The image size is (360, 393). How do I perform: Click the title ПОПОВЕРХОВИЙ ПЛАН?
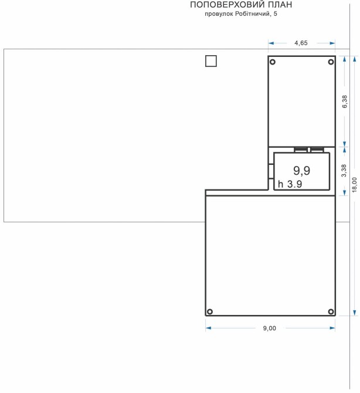pos(241,5)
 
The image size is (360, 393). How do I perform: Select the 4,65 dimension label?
pos(301,43)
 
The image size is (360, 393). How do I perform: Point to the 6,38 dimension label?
pos(345,101)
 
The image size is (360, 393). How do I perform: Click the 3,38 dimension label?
pos(344,171)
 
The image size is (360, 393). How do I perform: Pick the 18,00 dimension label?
pos(355,185)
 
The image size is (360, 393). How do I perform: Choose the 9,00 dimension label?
pos(270,328)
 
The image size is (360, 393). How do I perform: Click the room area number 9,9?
pos(301,171)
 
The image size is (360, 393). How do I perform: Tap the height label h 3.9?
pos(290,184)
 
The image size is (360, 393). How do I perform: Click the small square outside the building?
pos(211,61)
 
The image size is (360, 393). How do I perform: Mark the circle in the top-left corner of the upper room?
pos(273,62)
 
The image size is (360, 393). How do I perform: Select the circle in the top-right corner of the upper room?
pos(331,62)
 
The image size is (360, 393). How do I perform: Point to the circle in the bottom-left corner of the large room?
pos(210,311)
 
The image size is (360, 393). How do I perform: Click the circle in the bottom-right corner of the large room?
pos(331,311)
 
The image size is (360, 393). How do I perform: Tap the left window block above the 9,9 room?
pos(301,150)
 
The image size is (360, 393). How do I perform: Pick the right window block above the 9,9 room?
pos(317,150)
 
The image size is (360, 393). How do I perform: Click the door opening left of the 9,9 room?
pos(271,171)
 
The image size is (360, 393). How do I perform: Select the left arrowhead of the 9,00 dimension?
pos(208,328)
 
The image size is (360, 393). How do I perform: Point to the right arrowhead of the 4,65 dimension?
pos(332,43)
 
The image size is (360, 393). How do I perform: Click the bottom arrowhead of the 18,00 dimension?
pos(355,313)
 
